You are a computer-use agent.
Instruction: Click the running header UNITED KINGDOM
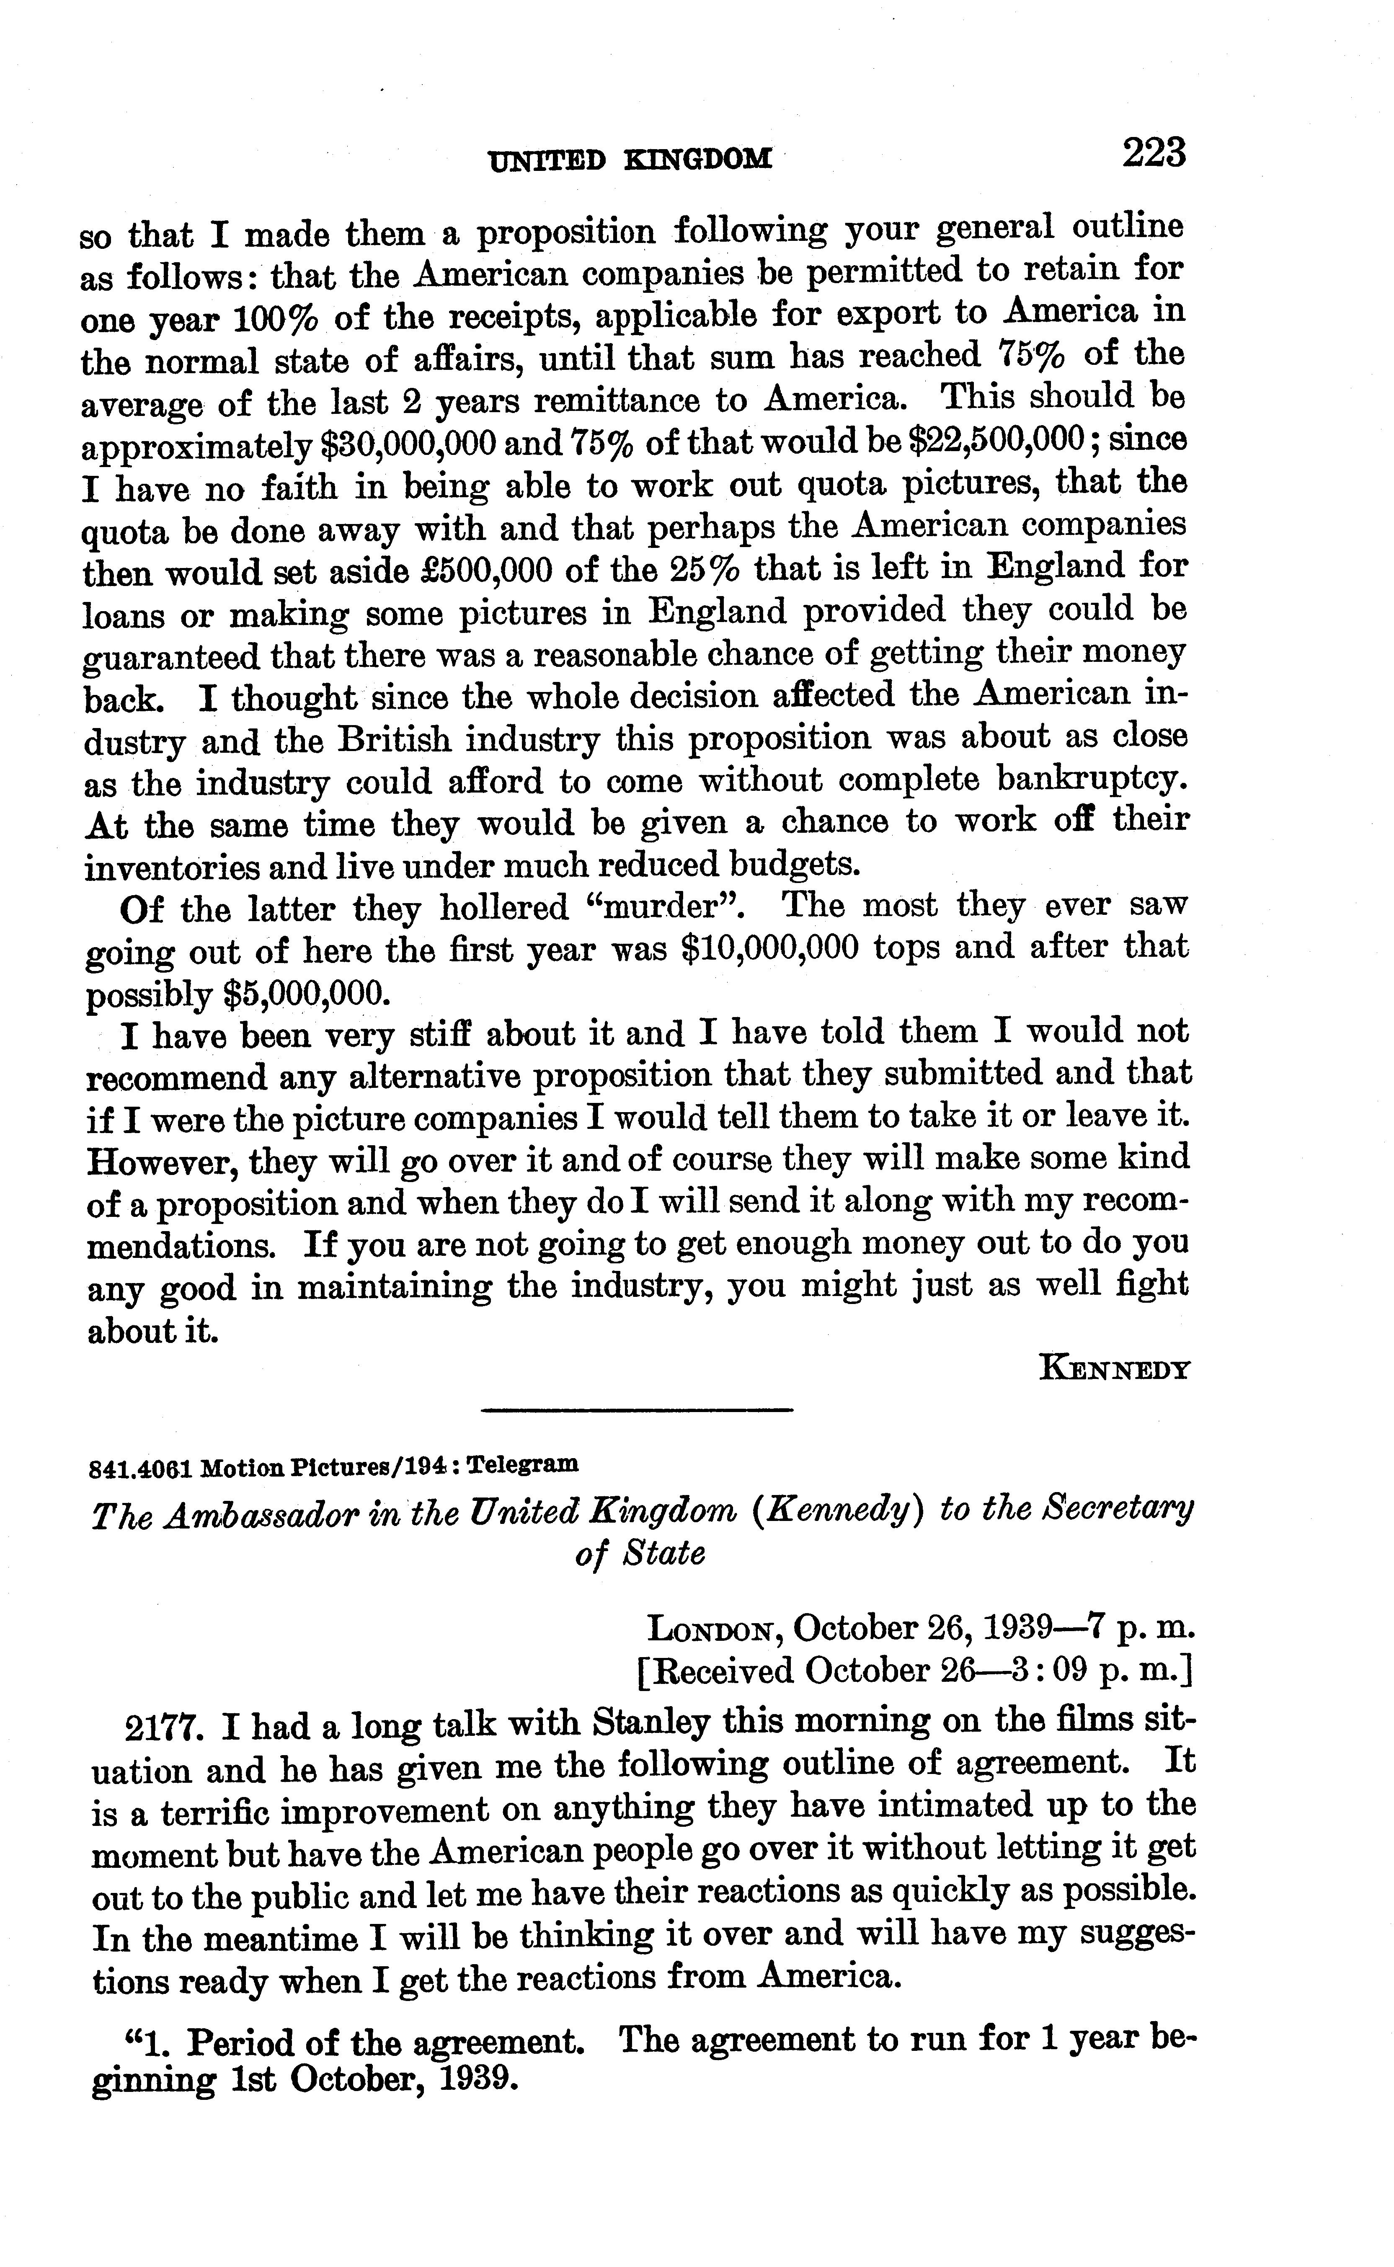630,160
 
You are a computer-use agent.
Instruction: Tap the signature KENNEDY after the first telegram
1115,1368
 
